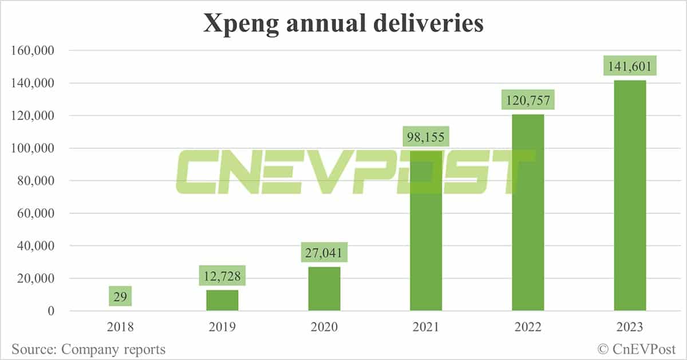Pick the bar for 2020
click(324, 289)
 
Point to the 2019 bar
click(222, 300)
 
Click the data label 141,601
click(630, 66)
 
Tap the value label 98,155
click(426, 137)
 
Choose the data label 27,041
click(324, 252)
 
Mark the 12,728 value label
click(222, 276)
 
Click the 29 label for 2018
click(120, 296)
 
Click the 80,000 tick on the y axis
click(35, 181)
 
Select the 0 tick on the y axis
click(51, 311)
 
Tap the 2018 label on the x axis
click(120, 327)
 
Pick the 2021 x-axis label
click(426, 327)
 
